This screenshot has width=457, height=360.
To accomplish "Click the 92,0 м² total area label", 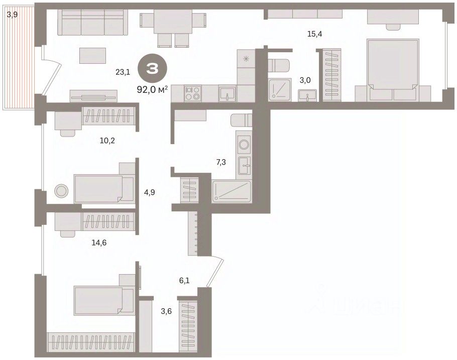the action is (x=152, y=89).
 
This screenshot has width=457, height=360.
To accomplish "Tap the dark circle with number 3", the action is (x=153, y=69).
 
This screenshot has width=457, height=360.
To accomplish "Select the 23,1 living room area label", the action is (x=123, y=72).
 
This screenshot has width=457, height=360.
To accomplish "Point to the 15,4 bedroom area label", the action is (x=315, y=34).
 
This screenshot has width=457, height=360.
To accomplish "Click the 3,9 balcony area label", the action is (x=12, y=14).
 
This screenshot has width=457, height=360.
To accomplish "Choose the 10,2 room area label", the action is (x=107, y=141).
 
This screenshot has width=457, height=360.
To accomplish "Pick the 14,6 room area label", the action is (x=99, y=242).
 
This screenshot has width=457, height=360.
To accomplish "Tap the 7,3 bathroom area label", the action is (x=221, y=162).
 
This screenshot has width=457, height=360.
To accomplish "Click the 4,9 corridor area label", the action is (x=150, y=192).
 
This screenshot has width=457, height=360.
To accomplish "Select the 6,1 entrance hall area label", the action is (x=184, y=281).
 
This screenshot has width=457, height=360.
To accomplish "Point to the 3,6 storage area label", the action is (x=166, y=311).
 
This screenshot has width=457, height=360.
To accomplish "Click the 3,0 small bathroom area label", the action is (x=305, y=80).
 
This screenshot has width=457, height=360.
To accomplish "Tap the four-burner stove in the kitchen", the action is (x=193, y=93).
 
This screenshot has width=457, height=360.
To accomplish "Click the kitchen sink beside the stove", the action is (x=227, y=93).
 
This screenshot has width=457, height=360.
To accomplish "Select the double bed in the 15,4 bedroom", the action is (x=393, y=70).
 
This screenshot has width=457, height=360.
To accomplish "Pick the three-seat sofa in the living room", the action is (x=93, y=22).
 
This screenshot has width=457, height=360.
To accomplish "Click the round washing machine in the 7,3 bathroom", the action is (x=244, y=144).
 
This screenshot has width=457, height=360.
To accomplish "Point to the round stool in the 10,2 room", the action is (x=61, y=191).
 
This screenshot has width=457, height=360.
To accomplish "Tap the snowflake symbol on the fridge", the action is (x=246, y=59).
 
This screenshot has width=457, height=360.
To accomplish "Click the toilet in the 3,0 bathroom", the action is (x=278, y=65).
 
